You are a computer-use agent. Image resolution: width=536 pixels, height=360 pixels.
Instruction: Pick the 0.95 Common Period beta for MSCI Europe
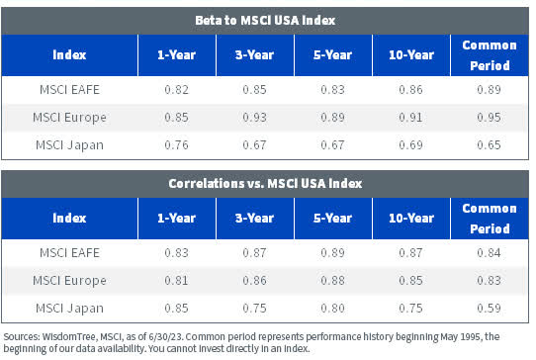pyautogui.click(x=486, y=118)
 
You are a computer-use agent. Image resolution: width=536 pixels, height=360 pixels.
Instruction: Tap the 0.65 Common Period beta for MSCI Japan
pyautogui.click(x=486, y=146)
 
